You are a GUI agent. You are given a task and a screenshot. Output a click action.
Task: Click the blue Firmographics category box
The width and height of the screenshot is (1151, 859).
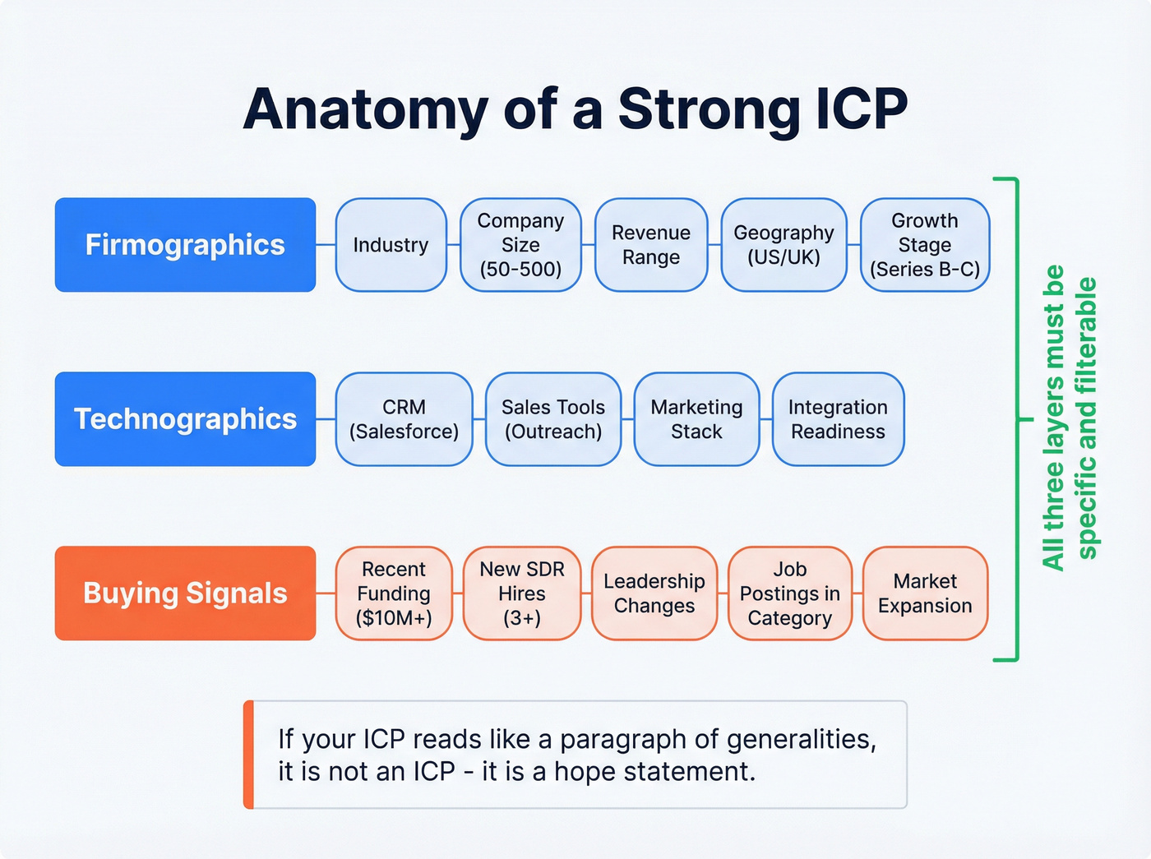(x=185, y=245)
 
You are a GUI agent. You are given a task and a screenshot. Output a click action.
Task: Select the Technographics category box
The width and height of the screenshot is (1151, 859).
(x=185, y=419)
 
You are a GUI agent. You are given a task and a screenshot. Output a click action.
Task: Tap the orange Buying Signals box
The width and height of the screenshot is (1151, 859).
(x=185, y=593)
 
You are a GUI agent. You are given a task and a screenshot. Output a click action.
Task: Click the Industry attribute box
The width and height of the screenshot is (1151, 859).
(x=391, y=245)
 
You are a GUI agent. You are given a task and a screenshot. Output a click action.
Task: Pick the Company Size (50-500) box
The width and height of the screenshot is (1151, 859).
(x=520, y=245)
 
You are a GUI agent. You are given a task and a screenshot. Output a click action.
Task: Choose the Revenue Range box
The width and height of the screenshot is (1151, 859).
(x=650, y=245)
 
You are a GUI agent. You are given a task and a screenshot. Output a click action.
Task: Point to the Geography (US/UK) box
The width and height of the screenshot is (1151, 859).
(x=784, y=245)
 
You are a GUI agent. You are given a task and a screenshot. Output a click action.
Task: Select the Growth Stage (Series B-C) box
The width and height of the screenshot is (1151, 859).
(x=924, y=245)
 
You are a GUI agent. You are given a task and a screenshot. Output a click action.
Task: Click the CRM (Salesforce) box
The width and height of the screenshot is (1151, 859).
(x=404, y=419)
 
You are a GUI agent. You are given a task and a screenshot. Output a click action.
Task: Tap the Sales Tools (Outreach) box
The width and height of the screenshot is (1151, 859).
(x=552, y=419)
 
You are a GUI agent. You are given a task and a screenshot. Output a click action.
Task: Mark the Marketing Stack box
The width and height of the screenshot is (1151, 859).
(x=696, y=419)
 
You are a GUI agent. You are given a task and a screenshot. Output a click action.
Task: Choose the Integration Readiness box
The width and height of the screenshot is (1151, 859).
(x=838, y=419)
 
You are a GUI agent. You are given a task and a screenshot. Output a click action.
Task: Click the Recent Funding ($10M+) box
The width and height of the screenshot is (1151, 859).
(x=394, y=593)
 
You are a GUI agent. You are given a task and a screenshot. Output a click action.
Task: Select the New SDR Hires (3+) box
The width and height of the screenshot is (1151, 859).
(x=521, y=593)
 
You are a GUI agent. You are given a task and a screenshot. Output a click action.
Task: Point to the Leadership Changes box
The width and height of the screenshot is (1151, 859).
(x=654, y=593)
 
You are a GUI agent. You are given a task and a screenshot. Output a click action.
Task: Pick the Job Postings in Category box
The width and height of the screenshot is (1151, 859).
(x=789, y=593)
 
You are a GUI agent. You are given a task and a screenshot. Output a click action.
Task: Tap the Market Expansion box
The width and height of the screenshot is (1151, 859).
(x=924, y=593)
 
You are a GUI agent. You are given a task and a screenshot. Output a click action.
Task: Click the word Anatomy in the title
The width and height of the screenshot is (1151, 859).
(x=365, y=110)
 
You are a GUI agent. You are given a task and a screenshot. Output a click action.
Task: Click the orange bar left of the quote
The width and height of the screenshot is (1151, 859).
(x=249, y=755)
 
